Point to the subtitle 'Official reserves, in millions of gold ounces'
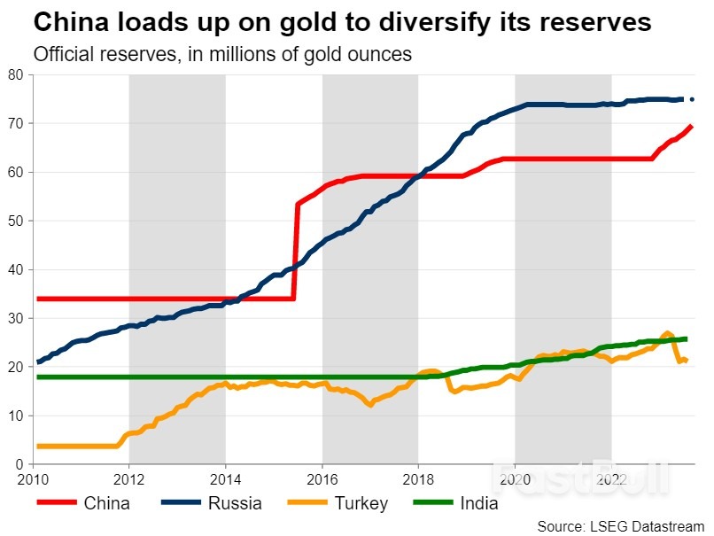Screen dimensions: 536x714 coord(222,54)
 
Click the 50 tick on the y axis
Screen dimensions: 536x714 coord(16,221)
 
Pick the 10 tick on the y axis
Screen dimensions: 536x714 coord(16,416)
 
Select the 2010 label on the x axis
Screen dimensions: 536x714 coord(33,480)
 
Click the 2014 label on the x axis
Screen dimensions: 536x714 coord(225,480)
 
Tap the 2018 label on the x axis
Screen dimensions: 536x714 coord(418,480)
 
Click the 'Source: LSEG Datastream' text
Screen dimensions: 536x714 coord(619,525)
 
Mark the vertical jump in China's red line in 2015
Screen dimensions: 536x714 coord(295,252)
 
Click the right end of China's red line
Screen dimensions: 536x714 coord(691,127)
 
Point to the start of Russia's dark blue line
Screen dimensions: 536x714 coord(37,361)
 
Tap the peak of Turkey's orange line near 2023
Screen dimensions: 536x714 coord(667,332)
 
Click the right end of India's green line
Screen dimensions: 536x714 coord(687,338)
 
